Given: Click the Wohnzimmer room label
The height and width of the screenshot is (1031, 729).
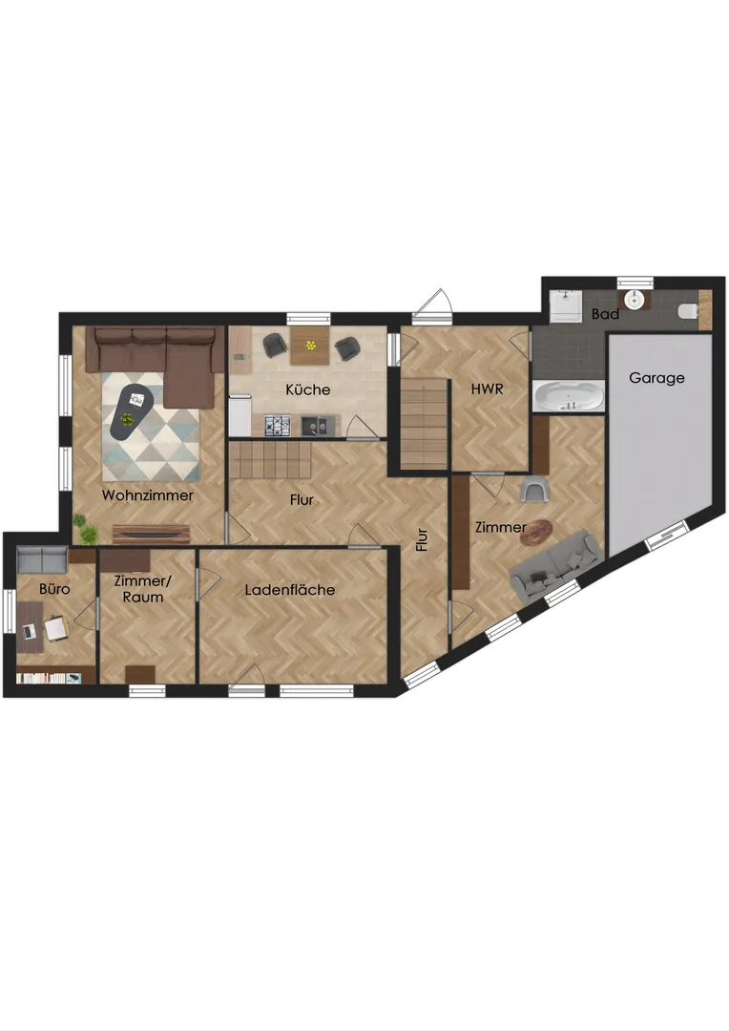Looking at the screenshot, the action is coord(147,495).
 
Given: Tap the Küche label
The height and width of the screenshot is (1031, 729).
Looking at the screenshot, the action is coord(307,389).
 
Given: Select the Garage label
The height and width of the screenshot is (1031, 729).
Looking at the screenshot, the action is coord(656,378).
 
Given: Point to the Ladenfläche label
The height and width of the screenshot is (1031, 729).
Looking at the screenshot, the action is coord(290,590).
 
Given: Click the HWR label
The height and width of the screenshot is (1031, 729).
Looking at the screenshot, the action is coord(487,389).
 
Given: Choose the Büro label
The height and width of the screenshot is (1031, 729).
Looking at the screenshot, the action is coord(54,588).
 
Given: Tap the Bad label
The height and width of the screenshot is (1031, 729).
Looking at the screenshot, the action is coord(605,314).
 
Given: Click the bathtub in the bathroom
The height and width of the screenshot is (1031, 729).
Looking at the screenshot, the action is coord(569,396).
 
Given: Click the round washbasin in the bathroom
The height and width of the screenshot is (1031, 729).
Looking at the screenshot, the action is coord(635,300).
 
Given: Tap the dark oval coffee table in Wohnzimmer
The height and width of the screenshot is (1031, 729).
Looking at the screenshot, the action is coord(130,410).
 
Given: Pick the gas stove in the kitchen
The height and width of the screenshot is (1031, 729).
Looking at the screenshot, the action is coord(278,426).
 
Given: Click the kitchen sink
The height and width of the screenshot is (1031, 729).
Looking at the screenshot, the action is coord(318,426).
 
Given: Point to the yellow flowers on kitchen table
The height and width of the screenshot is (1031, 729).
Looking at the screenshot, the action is coord(310,345).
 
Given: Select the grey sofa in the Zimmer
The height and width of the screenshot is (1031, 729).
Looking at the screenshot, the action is coord(556,565).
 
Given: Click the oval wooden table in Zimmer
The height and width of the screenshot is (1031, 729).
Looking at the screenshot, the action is coord(536,532).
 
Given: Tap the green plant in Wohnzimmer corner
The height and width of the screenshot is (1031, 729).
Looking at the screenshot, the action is coord(84,528).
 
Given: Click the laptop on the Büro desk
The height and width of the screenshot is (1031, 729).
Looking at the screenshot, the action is coord(29,632).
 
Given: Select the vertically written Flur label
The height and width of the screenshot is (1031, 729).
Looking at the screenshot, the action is coord(422,539).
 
